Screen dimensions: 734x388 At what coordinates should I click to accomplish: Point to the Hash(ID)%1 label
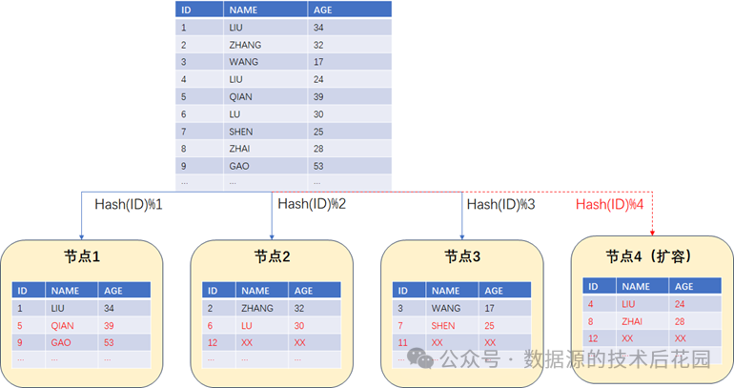(129, 204)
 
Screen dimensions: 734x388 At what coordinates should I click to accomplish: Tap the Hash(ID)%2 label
(312, 203)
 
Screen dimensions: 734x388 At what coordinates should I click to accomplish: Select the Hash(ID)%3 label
(501, 204)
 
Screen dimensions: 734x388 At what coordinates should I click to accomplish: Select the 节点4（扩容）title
(648, 257)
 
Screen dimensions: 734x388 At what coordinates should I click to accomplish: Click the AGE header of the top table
(323, 10)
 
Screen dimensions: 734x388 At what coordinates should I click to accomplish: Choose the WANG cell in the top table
(243, 62)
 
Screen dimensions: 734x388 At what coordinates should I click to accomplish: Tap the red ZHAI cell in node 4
(634, 321)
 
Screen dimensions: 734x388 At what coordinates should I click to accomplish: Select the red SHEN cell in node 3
(444, 325)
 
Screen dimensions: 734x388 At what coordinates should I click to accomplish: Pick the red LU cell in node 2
(248, 325)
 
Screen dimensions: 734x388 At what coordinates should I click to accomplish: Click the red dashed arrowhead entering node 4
(652, 234)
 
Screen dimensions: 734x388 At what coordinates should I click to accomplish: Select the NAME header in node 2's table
(255, 291)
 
